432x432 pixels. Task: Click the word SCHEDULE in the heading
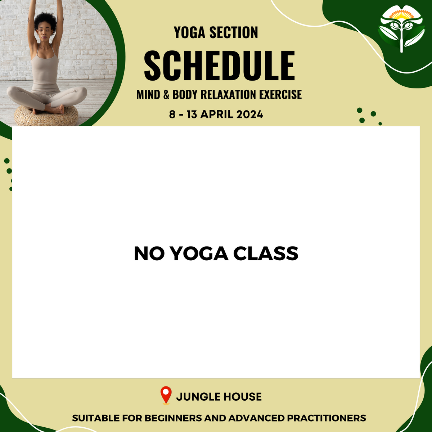[219, 66]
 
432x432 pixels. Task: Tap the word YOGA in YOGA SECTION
[190, 33]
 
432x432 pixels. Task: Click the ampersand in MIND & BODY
[166, 95]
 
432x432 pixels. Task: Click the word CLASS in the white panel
[266, 254]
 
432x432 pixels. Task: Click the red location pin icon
[166, 395]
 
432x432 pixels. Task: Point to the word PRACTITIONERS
[326, 418]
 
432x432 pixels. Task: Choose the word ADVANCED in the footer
[257, 418]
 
